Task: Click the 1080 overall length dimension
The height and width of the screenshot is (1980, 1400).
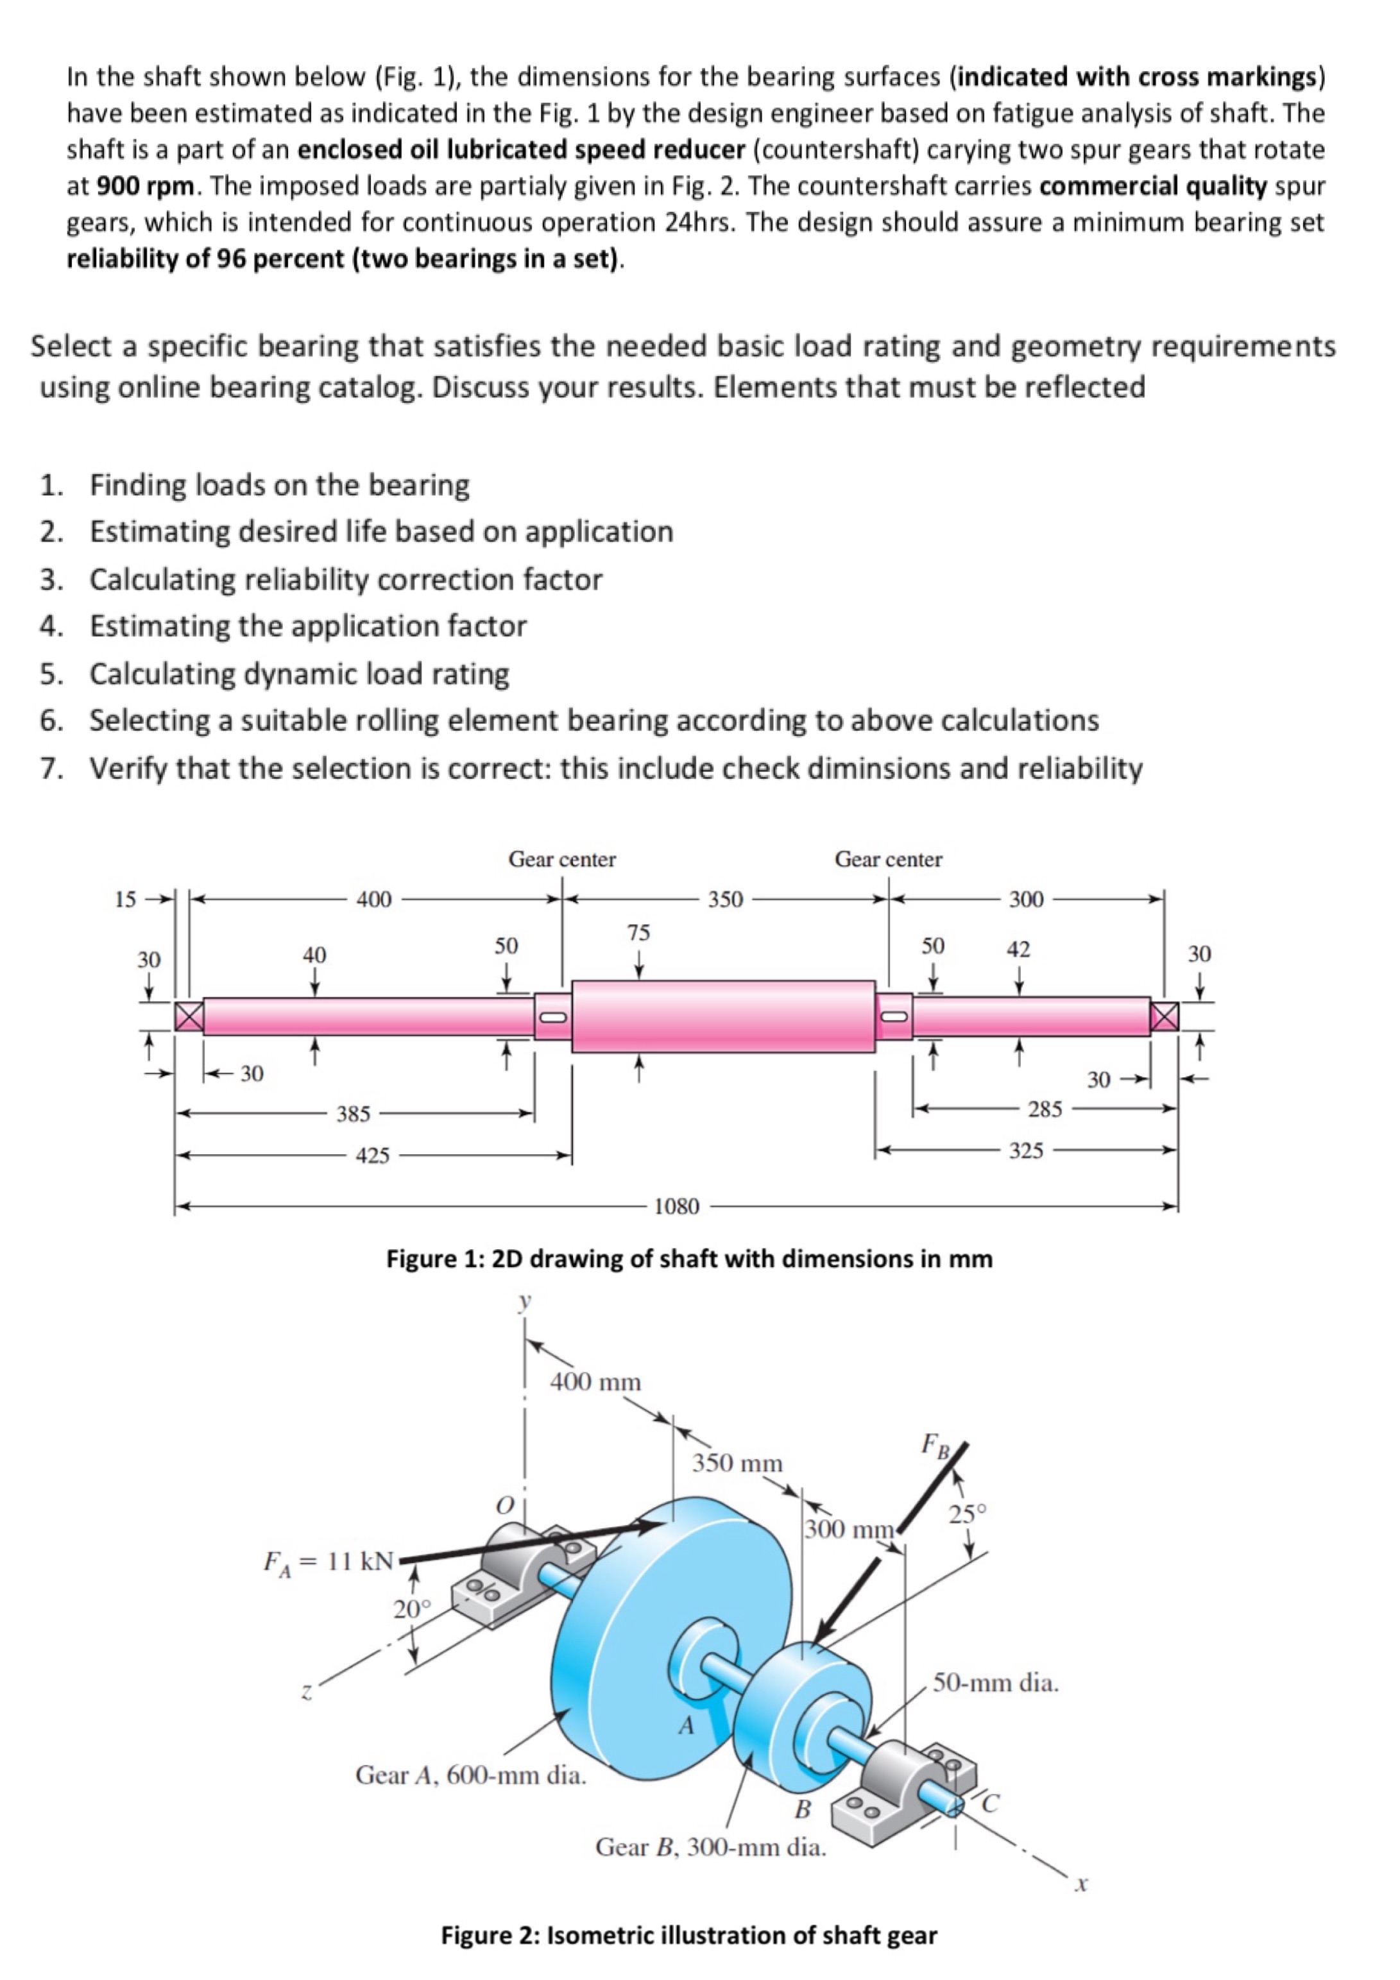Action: pos(676,1206)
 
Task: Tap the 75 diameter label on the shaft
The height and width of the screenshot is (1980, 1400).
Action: pos(638,932)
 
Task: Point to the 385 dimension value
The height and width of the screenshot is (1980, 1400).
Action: pos(353,1113)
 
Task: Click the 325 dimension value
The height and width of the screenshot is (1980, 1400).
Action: pos(1027,1150)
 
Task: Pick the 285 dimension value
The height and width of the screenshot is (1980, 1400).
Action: pos(1045,1109)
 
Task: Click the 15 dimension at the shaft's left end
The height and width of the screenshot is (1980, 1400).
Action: pos(126,900)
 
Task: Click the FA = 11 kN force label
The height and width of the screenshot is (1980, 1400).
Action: pos(329,1562)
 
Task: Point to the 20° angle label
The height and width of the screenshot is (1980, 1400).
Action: pos(411,1609)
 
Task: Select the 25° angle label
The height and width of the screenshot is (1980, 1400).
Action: pos(967,1514)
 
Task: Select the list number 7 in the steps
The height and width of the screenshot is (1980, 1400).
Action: pos(51,767)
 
